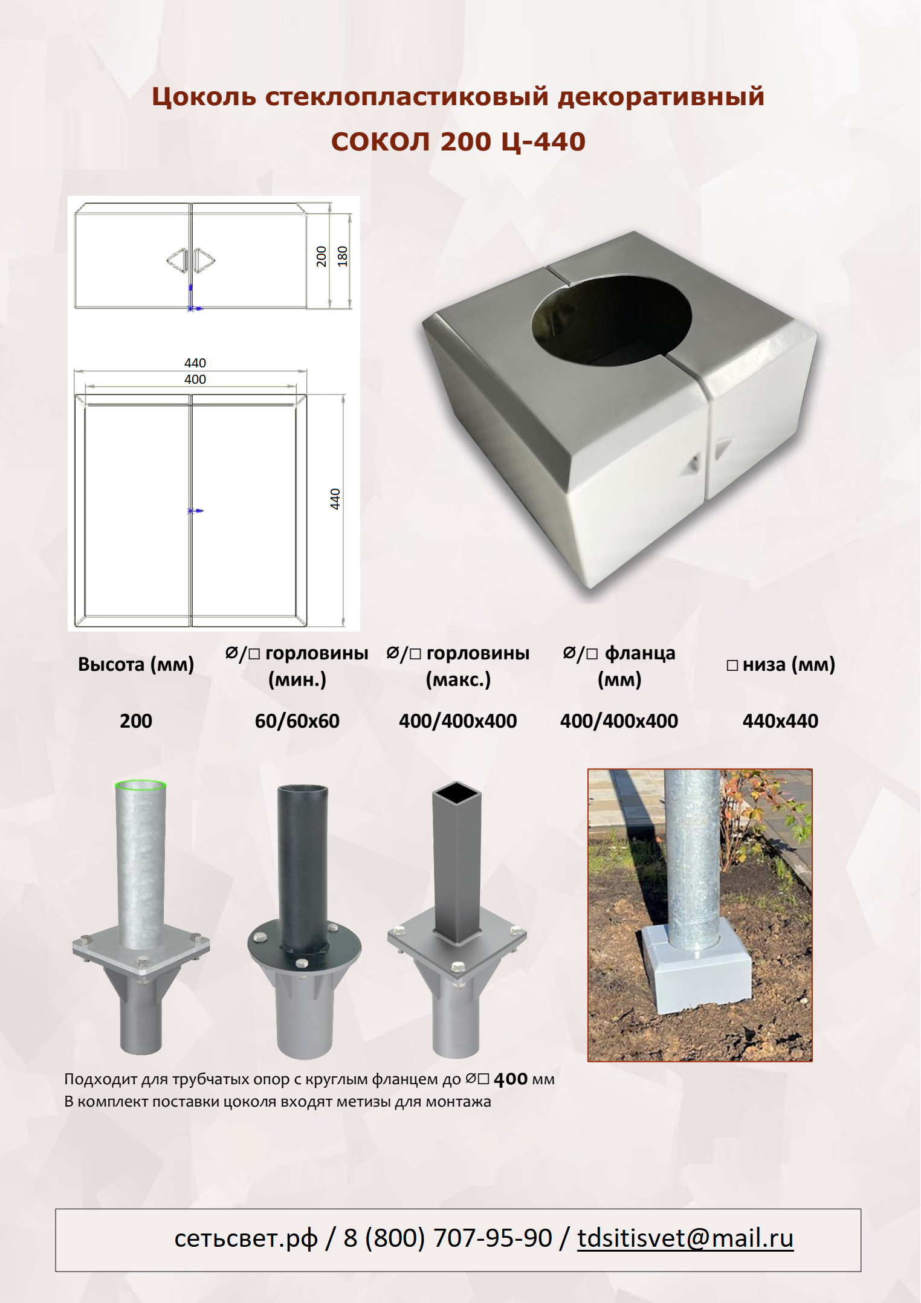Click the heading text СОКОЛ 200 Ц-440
coord(458,141)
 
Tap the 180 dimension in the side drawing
coord(342,256)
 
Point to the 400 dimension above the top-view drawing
coord(195,379)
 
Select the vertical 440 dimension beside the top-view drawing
coord(335,499)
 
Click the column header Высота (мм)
coord(136,664)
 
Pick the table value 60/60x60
coord(297,720)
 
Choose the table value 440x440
coord(780,720)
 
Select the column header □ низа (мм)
coord(781,664)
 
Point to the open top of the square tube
coord(457,792)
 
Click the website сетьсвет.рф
coord(246,1239)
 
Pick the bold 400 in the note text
coord(511,1079)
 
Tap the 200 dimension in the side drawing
coord(321,256)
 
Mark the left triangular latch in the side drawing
coord(177,260)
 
